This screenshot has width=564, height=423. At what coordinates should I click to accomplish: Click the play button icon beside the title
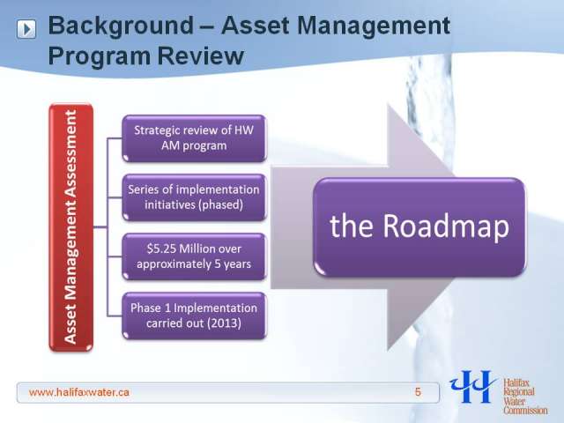(26, 29)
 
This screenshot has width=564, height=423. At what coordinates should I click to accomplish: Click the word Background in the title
(121, 26)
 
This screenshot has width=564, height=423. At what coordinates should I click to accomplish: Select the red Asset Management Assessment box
(71, 227)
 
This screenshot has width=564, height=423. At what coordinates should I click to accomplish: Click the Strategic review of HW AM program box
(194, 138)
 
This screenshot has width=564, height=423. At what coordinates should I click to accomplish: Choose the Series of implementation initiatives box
(194, 197)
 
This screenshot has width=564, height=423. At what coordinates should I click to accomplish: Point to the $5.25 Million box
(194, 256)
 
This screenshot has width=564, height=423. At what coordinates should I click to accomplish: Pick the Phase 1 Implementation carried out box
(194, 315)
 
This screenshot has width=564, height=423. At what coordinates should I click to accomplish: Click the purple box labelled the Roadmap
(419, 226)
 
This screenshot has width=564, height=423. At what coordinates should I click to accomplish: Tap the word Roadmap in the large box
(446, 226)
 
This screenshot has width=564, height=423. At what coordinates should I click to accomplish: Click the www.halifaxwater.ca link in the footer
(78, 392)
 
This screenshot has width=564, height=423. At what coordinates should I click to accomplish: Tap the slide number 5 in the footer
(418, 392)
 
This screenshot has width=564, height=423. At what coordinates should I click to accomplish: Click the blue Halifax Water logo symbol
(472, 387)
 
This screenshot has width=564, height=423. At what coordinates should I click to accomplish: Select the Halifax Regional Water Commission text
(524, 397)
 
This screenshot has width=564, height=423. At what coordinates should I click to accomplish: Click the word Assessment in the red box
(70, 154)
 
